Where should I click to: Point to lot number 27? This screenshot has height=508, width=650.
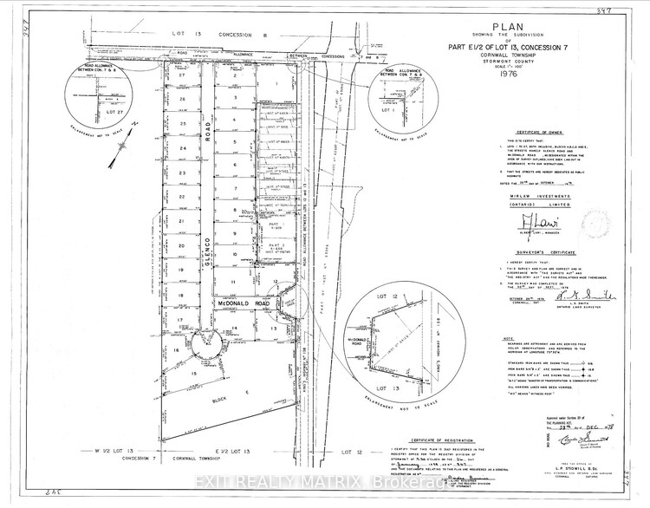click(182, 76)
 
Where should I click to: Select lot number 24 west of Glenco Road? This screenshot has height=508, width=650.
click(182, 148)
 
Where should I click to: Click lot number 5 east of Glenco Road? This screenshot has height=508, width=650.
click(235, 143)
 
